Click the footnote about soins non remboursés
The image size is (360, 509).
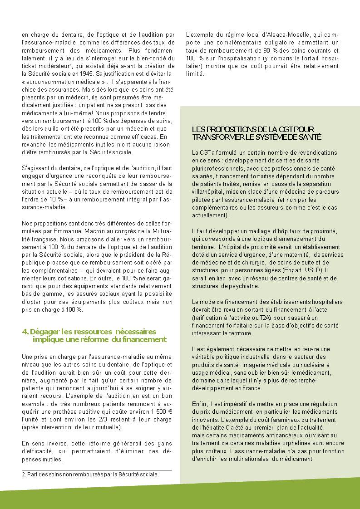pyautogui.click(x=91, y=475)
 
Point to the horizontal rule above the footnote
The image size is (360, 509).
pyautogui.click(x=97, y=470)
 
